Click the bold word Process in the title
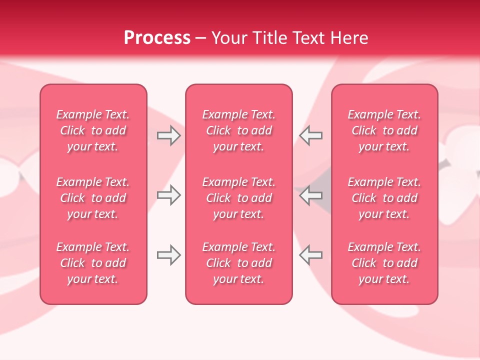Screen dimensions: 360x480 pos(157,38)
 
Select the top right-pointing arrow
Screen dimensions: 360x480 pos(168,135)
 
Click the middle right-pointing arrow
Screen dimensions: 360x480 pos(168,195)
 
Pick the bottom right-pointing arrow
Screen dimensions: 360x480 pos(168,255)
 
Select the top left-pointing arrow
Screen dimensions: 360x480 pos(311,135)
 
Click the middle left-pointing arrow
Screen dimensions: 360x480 pos(311,195)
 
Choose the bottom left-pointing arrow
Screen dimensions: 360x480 pos(311,255)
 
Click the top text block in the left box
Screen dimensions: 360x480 pos(93,130)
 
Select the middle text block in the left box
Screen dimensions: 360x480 pos(93,198)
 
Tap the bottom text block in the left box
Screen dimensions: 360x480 pos(93,263)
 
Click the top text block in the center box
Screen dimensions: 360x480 pos(239,130)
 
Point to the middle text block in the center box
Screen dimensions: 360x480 pos(239,198)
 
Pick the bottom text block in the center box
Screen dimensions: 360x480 pos(239,263)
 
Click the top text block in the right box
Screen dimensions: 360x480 pos(384,130)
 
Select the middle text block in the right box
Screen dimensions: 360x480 pos(384,198)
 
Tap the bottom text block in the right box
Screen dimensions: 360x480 pos(384,263)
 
